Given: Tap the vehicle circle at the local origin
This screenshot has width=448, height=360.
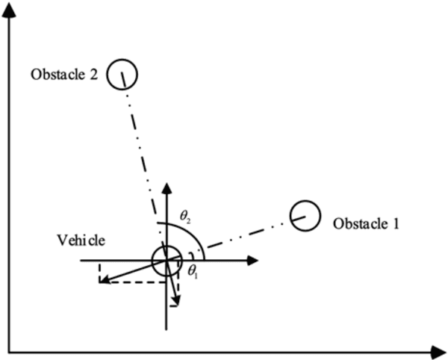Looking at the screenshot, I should click(166, 261).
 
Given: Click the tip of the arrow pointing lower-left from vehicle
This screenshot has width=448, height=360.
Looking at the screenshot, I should click(102, 280).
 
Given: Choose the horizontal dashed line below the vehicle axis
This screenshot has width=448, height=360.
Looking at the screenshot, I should click(134, 282).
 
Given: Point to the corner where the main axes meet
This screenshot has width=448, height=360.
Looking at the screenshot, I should click(10, 350).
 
